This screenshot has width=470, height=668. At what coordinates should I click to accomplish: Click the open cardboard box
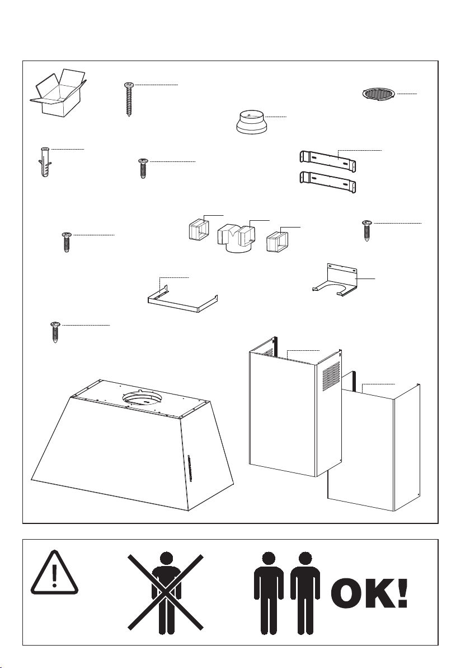tap(58, 94)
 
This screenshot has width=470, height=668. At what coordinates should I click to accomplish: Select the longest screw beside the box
tap(128, 99)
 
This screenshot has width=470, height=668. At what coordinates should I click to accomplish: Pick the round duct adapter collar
tap(250, 122)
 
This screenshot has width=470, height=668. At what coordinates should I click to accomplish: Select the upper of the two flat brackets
tap(327, 160)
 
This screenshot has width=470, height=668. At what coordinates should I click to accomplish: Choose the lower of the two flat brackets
tap(327, 182)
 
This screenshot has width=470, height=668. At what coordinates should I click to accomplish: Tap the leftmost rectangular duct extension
tap(198, 230)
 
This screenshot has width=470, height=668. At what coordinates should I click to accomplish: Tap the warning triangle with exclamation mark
tap(54, 573)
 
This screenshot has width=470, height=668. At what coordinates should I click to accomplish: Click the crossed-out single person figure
tap(166, 592)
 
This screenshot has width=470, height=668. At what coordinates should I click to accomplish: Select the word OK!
tap(369, 593)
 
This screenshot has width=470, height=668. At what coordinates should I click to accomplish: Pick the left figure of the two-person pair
tap(269, 592)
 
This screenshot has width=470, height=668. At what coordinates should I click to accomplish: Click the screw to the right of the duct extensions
tap(366, 230)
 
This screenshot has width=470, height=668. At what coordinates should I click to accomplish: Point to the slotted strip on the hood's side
tap(189, 468)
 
